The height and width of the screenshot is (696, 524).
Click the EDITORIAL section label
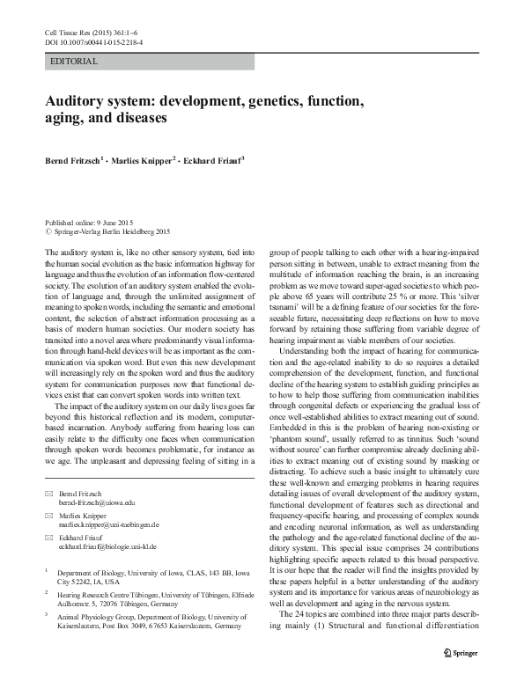point(75,62)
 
